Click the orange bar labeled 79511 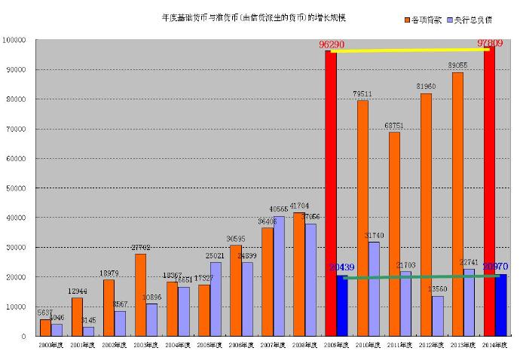(x=362, y=218)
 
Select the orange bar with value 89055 (x=457, y=203)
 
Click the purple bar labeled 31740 (x=374, y=289)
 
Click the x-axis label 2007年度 (x=273, y=345)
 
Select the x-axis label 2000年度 (x=51, y=345)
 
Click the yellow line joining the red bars (x=411, y=50)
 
